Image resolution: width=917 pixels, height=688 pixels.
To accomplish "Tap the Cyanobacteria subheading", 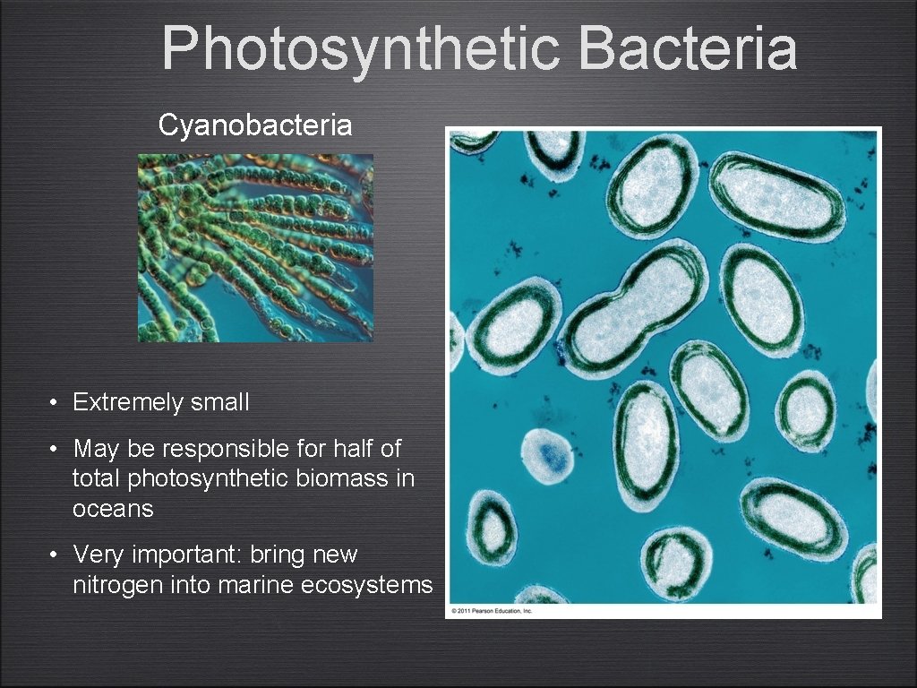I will (255, 125).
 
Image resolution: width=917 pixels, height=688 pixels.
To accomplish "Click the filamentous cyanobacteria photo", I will (255, 247).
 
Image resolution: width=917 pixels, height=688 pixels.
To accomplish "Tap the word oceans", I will (113, 509).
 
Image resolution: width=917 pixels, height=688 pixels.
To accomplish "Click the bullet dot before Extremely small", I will (56, 403).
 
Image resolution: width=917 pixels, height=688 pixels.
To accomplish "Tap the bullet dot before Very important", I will (56, 555).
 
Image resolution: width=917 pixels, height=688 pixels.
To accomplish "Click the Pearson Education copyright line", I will (492, 610).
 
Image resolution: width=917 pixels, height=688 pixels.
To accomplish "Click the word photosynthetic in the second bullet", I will (231, 478).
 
